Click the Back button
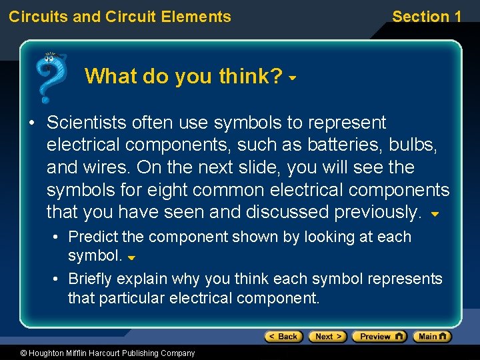click(283, 337)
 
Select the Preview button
click(379, 337)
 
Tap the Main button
click(432, 337)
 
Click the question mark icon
click(51, 77)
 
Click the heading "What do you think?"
click(183, 77)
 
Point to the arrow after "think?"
click(292, 79)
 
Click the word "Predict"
click(92, 237)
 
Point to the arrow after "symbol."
click(131, 258)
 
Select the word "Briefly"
click(91, 279)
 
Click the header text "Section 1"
click(426, 17)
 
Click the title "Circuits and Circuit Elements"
click(120, 17)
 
